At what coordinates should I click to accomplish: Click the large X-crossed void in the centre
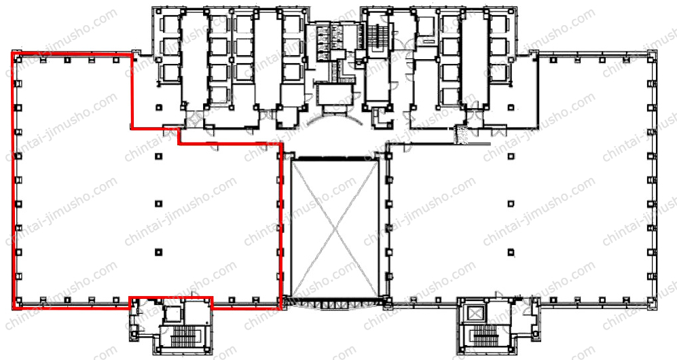click(x=335, y=229)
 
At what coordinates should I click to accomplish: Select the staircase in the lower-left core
click(x=185, y=337)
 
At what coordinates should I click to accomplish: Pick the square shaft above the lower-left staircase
click(x=173, y=315)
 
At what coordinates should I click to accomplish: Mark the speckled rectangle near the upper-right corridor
click(x=461, y=134)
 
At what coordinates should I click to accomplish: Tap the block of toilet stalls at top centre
click(x=328, y=38)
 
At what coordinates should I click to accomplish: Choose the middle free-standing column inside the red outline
click(x=158, y=203)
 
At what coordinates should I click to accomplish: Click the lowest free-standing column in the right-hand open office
click(x=511, y=252)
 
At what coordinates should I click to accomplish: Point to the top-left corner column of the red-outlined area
click(x=17, y=59)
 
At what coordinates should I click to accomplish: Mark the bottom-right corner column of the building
click(x=651, y=302)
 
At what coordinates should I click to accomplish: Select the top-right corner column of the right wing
click(x=652, y=58)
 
